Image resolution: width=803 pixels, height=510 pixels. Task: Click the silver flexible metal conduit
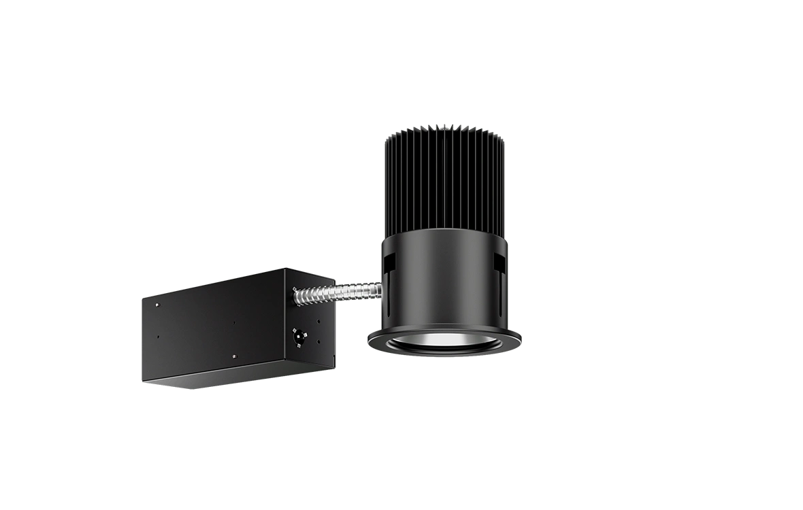coord(340,291)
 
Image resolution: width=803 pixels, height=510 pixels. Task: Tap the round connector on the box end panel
coord(297,335)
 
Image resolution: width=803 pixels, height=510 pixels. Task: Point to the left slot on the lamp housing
coord(389,272)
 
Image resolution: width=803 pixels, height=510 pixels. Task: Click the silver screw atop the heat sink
coord(442,124)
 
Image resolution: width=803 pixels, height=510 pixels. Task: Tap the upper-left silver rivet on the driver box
coord(157,305)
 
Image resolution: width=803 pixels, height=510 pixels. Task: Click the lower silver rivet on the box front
coord(233,356)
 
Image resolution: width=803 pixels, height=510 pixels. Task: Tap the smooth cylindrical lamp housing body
coord(442,279)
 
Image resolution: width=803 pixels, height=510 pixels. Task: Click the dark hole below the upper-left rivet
coord(157,335)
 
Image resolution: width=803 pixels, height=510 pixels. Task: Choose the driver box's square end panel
coord(310,320)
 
